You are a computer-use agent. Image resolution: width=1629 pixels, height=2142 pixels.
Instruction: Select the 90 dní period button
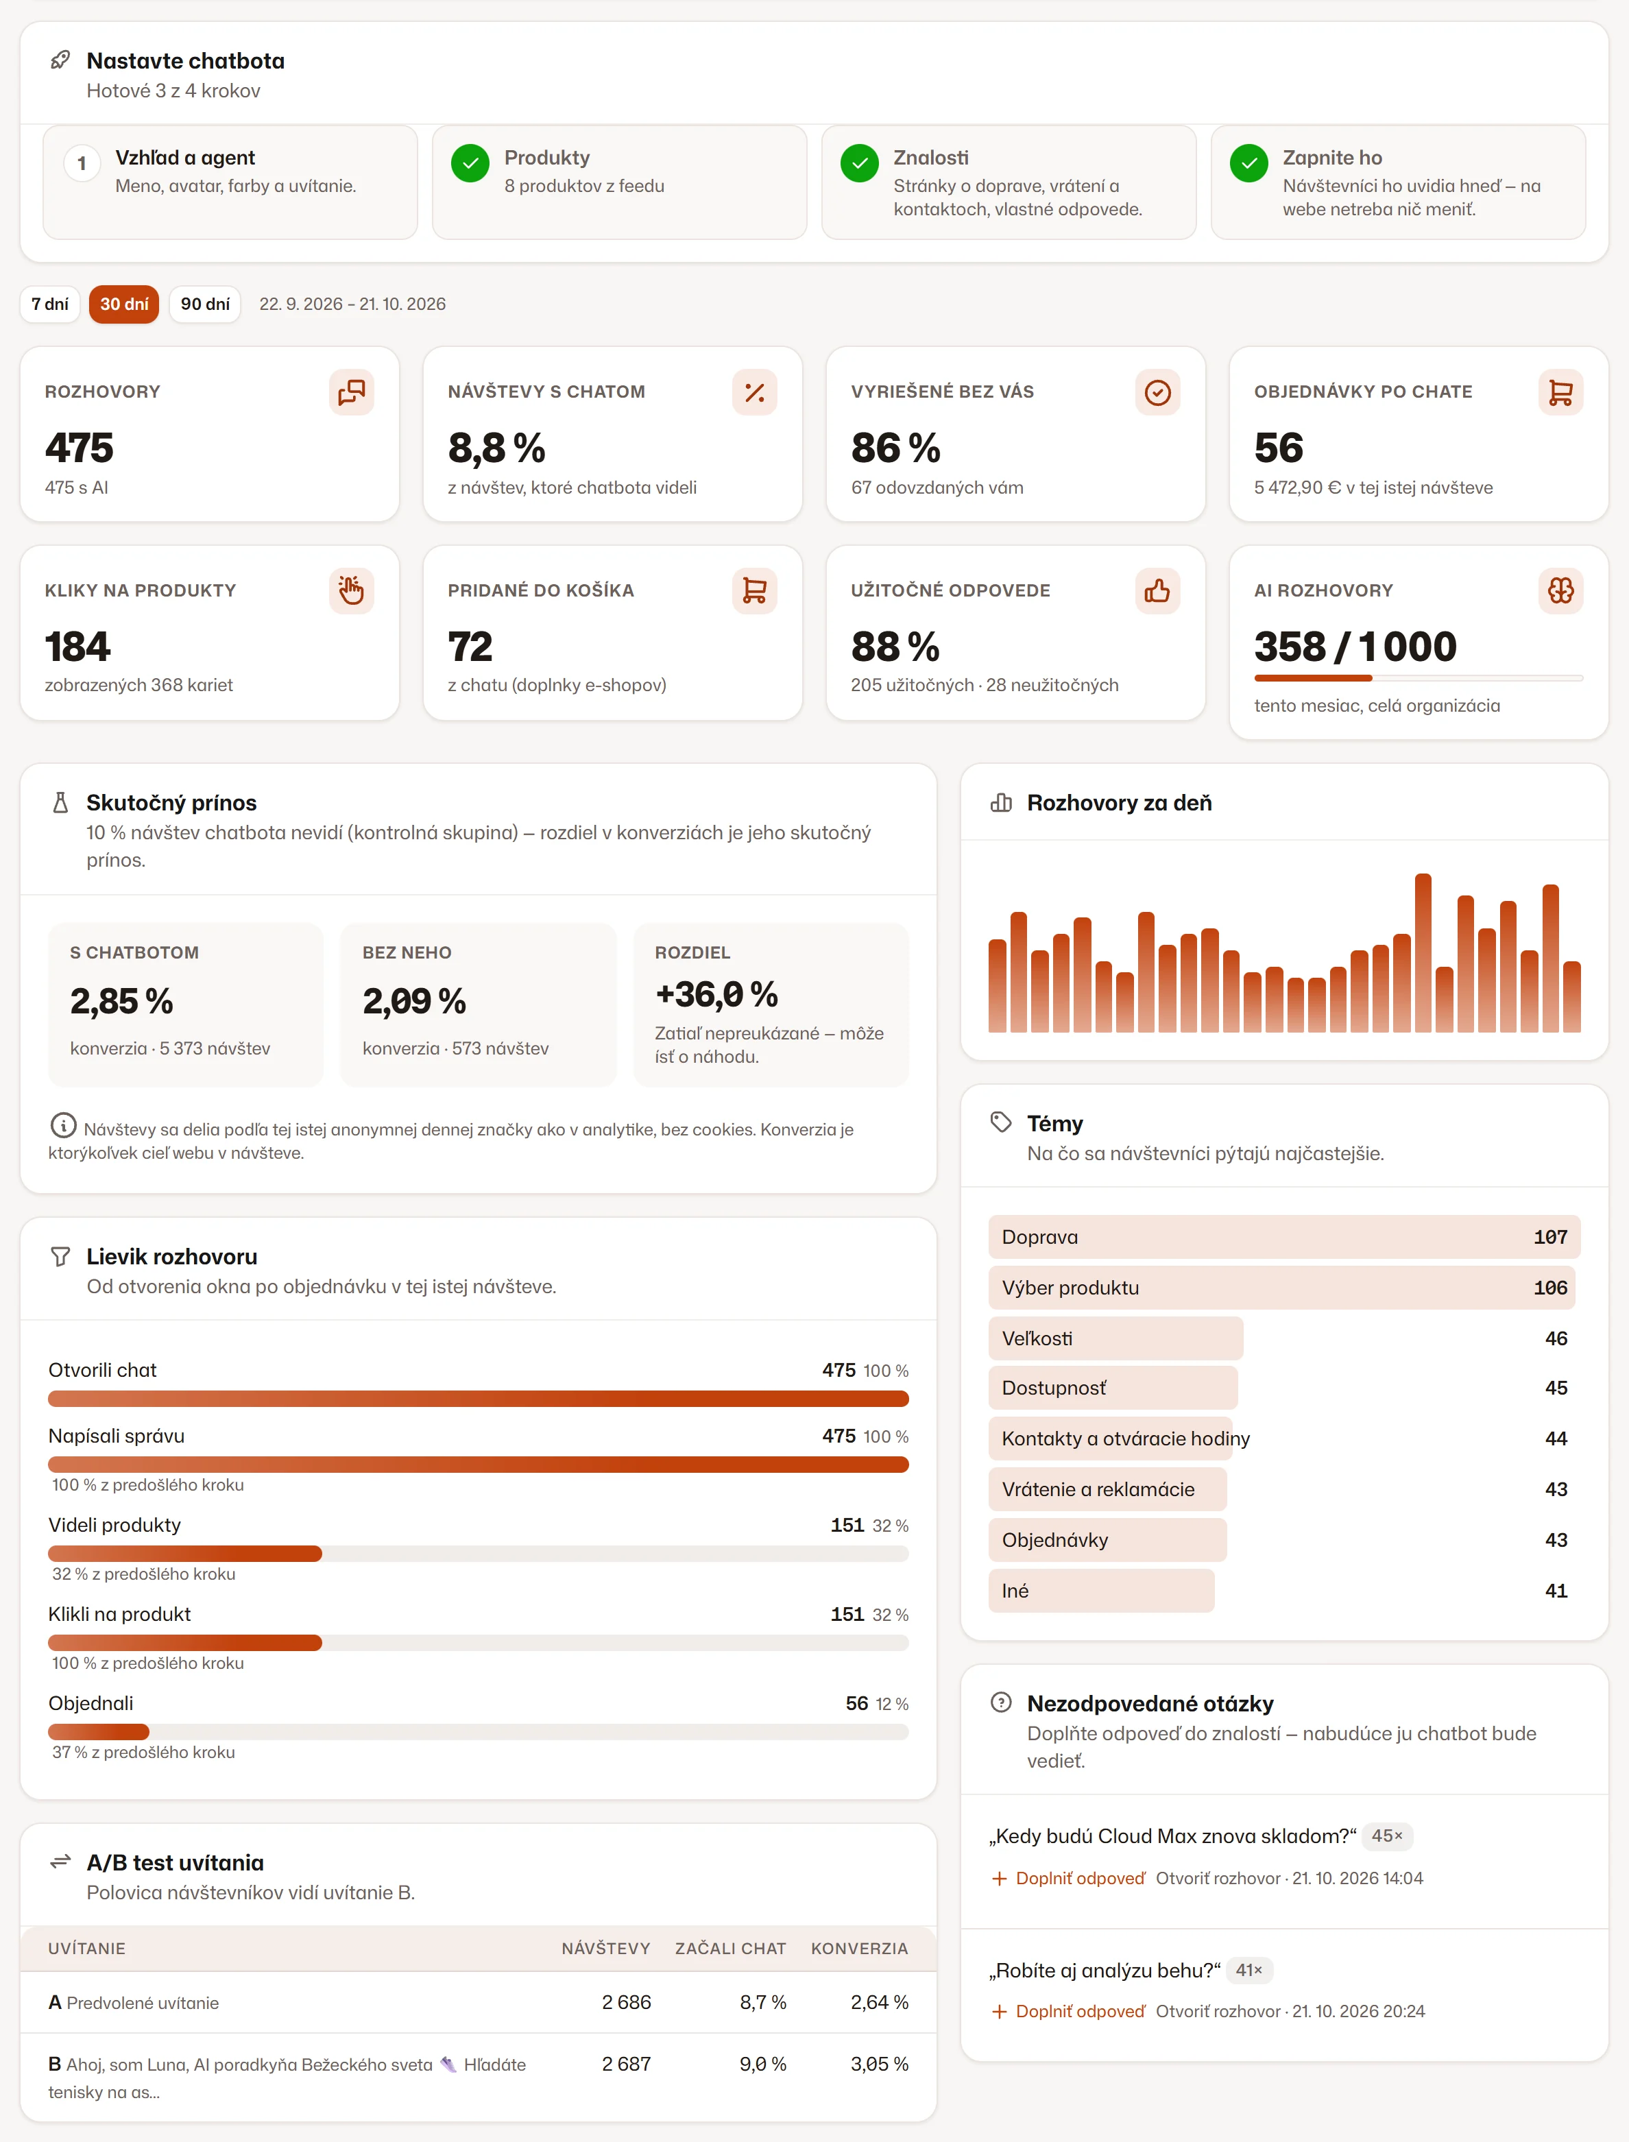pyautogui.click(x=204, y=304)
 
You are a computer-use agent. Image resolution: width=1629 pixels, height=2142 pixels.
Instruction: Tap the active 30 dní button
pyautogui.click(x=124, y=304)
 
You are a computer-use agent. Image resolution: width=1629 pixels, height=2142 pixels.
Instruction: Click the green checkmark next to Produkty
pyautogui.click(x=470, y=163)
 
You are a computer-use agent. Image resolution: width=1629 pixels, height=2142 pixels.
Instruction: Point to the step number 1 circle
pyautogui.click(x=82, y=163)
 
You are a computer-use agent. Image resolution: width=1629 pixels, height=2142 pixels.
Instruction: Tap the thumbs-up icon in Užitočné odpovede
pyautogui.click(x=1157, y=590)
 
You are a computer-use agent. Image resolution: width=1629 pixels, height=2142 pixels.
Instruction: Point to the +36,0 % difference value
pyautogui.click(x=716, y=994)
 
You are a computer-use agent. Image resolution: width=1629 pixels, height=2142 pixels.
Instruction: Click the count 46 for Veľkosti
pyautogui.click(x=1556, y=1338)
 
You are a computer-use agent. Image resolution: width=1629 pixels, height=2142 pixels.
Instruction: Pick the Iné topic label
pyautogui.click(x=1015, y=1590)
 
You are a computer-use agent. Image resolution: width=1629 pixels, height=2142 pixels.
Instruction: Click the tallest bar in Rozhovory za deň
pyautogui.click(x=1423, y=952)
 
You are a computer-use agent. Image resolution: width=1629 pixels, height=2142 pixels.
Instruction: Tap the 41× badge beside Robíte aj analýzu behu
pyautogui.click(x=1249, y=1969)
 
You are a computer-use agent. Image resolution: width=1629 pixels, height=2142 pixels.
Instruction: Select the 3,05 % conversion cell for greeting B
pyautogui.click(x=878, y=2063)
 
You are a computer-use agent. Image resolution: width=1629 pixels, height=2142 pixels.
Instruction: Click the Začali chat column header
pyautogui.click(x=730, y=1948)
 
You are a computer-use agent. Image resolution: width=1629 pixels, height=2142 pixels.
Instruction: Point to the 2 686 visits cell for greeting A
pyautogui.click(x=627, y=2001)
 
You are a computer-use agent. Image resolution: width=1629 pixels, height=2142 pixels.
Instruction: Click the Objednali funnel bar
pyautogui.click(x=99, y=1731)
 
